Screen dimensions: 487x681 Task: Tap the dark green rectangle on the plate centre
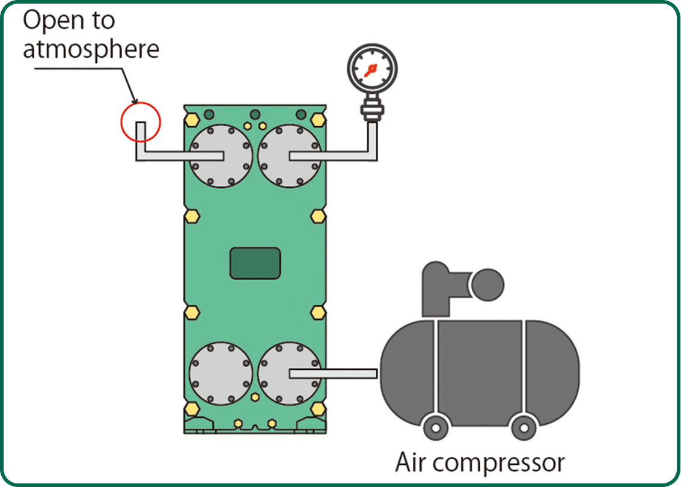pos(255,263)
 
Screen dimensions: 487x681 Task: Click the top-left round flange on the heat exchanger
pos(220,156)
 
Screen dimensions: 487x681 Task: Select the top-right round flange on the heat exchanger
pos(289,156)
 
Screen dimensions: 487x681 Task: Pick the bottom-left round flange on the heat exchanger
pos(220,373)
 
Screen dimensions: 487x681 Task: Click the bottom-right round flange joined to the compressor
pos(289,373)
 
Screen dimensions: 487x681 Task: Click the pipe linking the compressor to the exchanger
pos(349,373)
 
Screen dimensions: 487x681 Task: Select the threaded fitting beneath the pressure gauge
pos(371,110)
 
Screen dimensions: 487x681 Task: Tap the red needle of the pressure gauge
pos(370,71)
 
